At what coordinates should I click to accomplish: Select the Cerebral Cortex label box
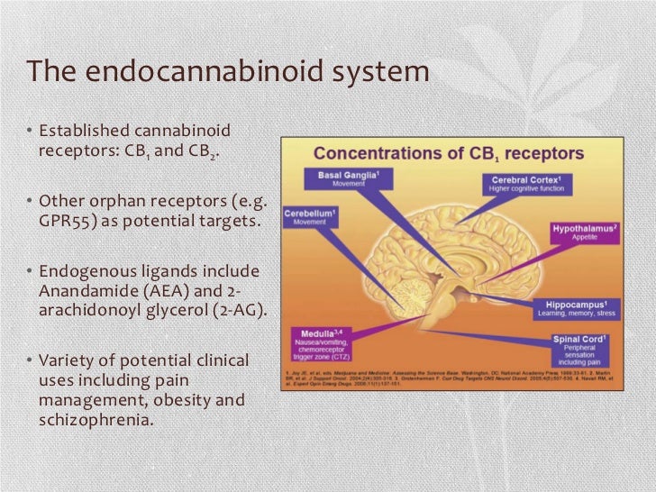click(527, 183)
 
